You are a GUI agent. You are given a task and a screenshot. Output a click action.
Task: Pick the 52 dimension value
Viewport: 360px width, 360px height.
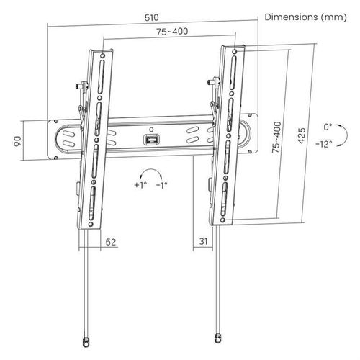pyautogui.click(x=109, y=243)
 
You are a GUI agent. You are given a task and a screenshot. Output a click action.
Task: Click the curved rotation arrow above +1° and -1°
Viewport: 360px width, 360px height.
pyautogui.click(x=150, y=173)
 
